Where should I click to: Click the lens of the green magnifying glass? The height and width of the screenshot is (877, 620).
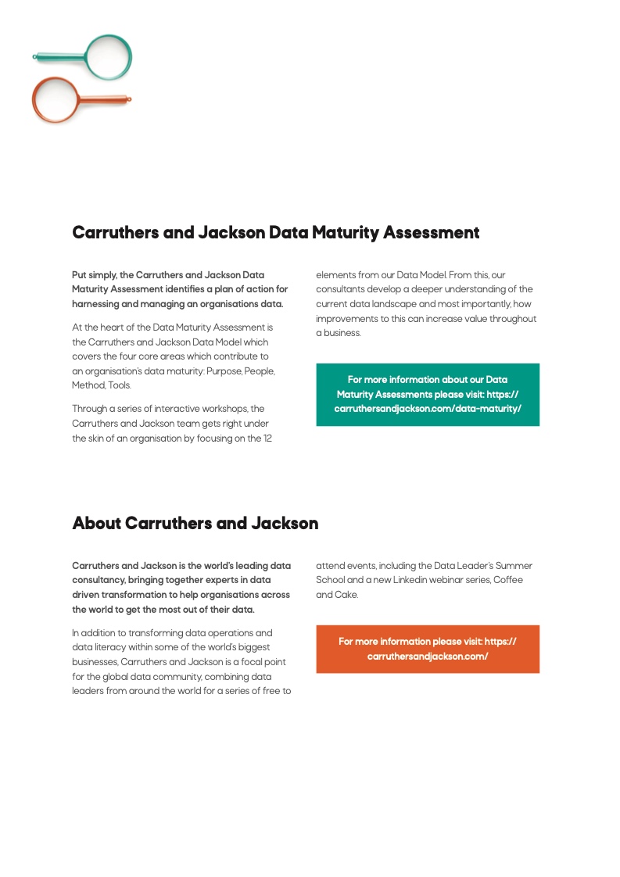pos(108,56)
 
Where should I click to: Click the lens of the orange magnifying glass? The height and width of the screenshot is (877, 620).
pos(56,100)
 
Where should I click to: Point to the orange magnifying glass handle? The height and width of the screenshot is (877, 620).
pos(105,99)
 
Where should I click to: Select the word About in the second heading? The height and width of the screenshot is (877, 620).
pos(96,523)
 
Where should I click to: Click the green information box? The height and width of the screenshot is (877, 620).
pos(428,394)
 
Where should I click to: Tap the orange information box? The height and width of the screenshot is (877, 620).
pos(428,649)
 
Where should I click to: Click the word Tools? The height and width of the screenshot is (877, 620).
pos(120,385)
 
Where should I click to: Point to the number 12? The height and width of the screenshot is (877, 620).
pos(267,438)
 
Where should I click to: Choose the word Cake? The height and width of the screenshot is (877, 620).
pos(346,595)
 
